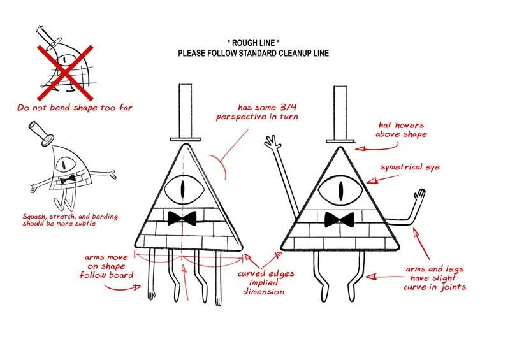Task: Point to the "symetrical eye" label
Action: click(x=410, y=168)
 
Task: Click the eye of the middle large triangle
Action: click(x=184, y=189)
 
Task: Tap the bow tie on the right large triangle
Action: click(x=339, y=220)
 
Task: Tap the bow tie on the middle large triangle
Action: click(x=181, y=218)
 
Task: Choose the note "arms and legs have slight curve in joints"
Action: click(x=435, y=278)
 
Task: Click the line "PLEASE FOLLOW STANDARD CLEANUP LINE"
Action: click(x=253, y=54)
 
